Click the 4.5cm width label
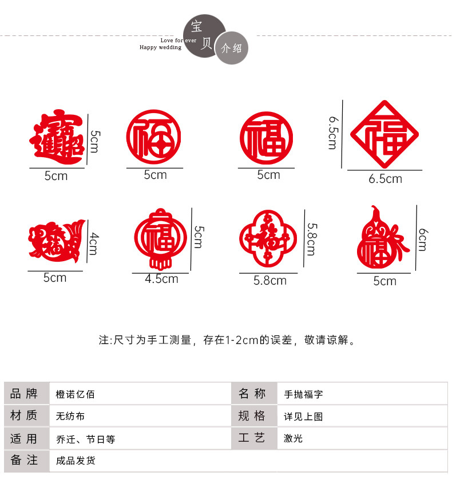[161, 279]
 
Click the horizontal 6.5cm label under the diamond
[385, 179]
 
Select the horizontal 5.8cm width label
[270, 281]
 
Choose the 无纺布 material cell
[70, 416]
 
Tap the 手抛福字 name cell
[304, 394]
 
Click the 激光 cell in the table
[294, 438]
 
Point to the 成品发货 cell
[76, 461]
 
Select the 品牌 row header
[24, 394]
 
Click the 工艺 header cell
[252, 438]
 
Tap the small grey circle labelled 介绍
[232, 48]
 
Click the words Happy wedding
[160, 47]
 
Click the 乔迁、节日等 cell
[86, 439]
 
